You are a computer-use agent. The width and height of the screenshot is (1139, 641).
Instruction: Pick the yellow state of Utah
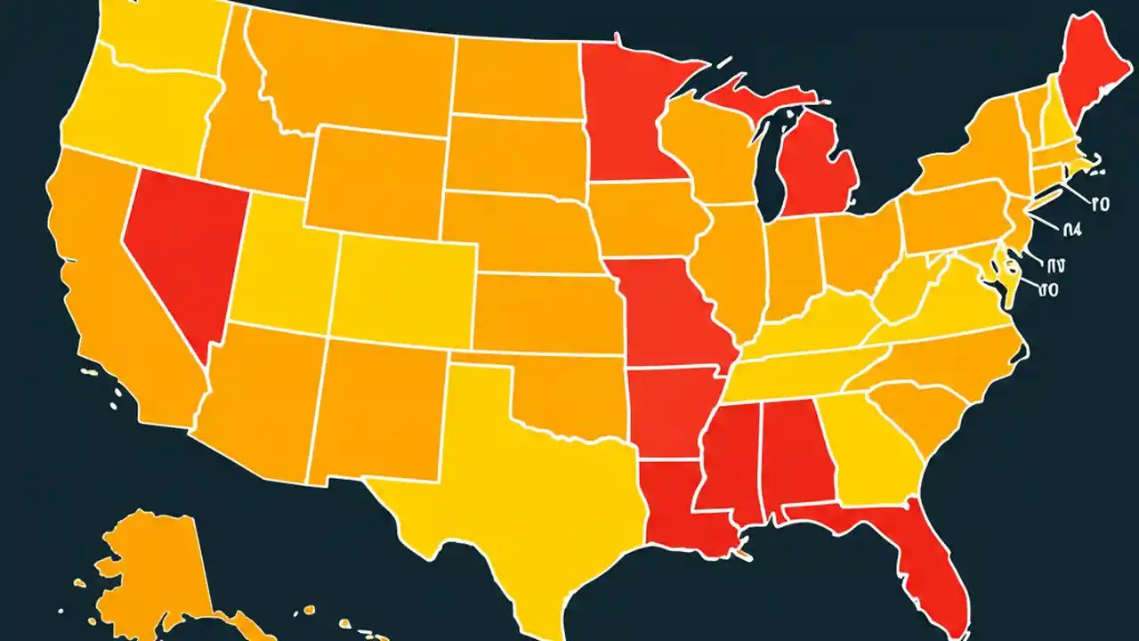click(280, 267)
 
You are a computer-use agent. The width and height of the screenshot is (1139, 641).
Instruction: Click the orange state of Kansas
click(543, 312)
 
